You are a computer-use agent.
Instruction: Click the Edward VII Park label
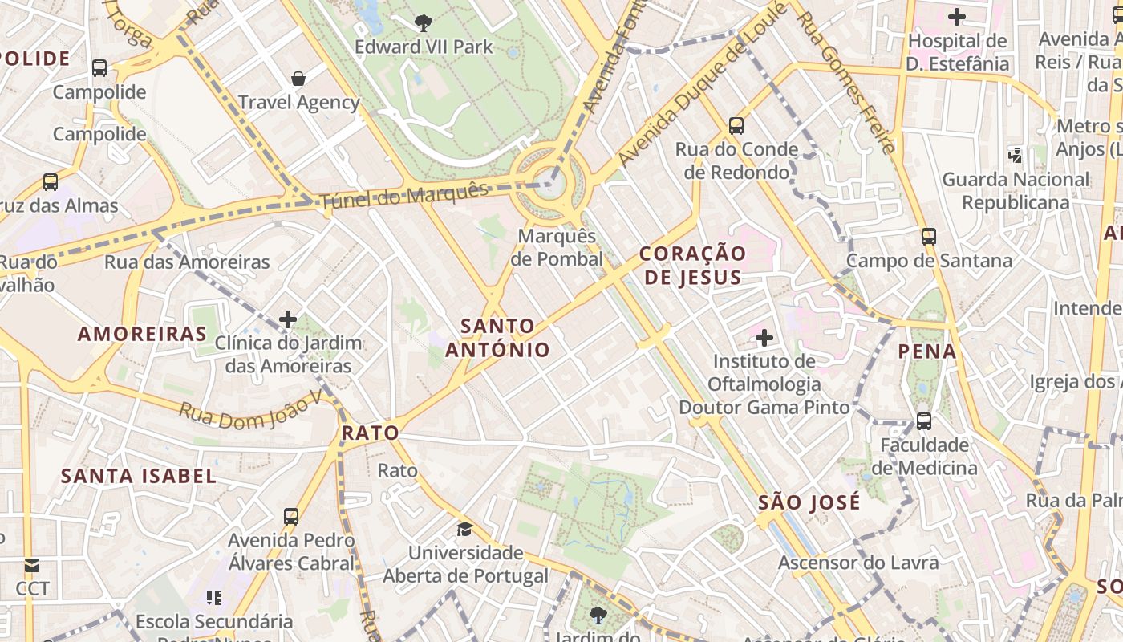tap(424, 47)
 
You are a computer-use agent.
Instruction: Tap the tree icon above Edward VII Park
tap(424, 23)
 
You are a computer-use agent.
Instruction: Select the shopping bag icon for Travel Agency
tap(298, 78)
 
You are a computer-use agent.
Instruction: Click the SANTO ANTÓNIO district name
tap(498, 338)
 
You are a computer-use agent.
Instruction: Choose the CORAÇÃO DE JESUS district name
tap(692, 266)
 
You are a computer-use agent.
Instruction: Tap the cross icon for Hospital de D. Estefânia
tap(956, 17)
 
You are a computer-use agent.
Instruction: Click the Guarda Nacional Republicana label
tap(1016, 191)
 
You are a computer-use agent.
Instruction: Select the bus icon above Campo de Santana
tap(929, 237)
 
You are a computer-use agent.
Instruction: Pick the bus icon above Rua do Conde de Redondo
tap(736, 125)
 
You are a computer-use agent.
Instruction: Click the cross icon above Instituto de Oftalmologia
tap(764, 338)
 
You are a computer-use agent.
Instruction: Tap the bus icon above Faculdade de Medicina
tap(924, 421)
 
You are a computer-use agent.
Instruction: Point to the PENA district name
tap(927, 351)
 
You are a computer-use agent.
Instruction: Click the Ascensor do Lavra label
tap(858, 563)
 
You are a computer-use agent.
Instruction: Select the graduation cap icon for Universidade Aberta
tap(464, 529)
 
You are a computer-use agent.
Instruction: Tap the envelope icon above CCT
tap(32, 566)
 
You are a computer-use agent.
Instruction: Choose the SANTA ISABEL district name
tap(139, 476)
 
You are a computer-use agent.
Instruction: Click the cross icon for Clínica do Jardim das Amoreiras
tap(288, 319)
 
